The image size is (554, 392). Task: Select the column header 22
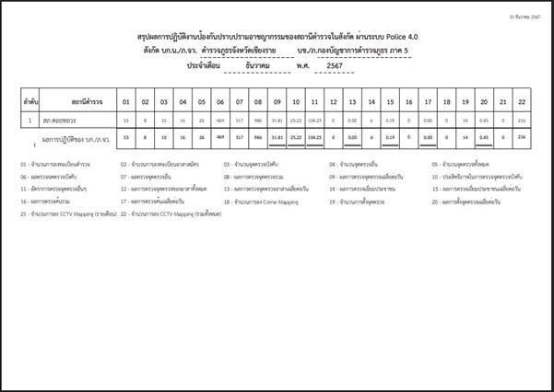point(523,100)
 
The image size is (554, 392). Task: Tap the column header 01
point(125,100)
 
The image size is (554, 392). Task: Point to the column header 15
point(391,100)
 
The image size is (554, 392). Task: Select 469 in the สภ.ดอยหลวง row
point(220,121)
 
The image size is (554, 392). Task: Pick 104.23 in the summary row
point(315,137)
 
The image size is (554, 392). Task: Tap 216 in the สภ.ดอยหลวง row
point(523,121)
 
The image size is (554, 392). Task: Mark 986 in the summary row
point(257,137)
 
